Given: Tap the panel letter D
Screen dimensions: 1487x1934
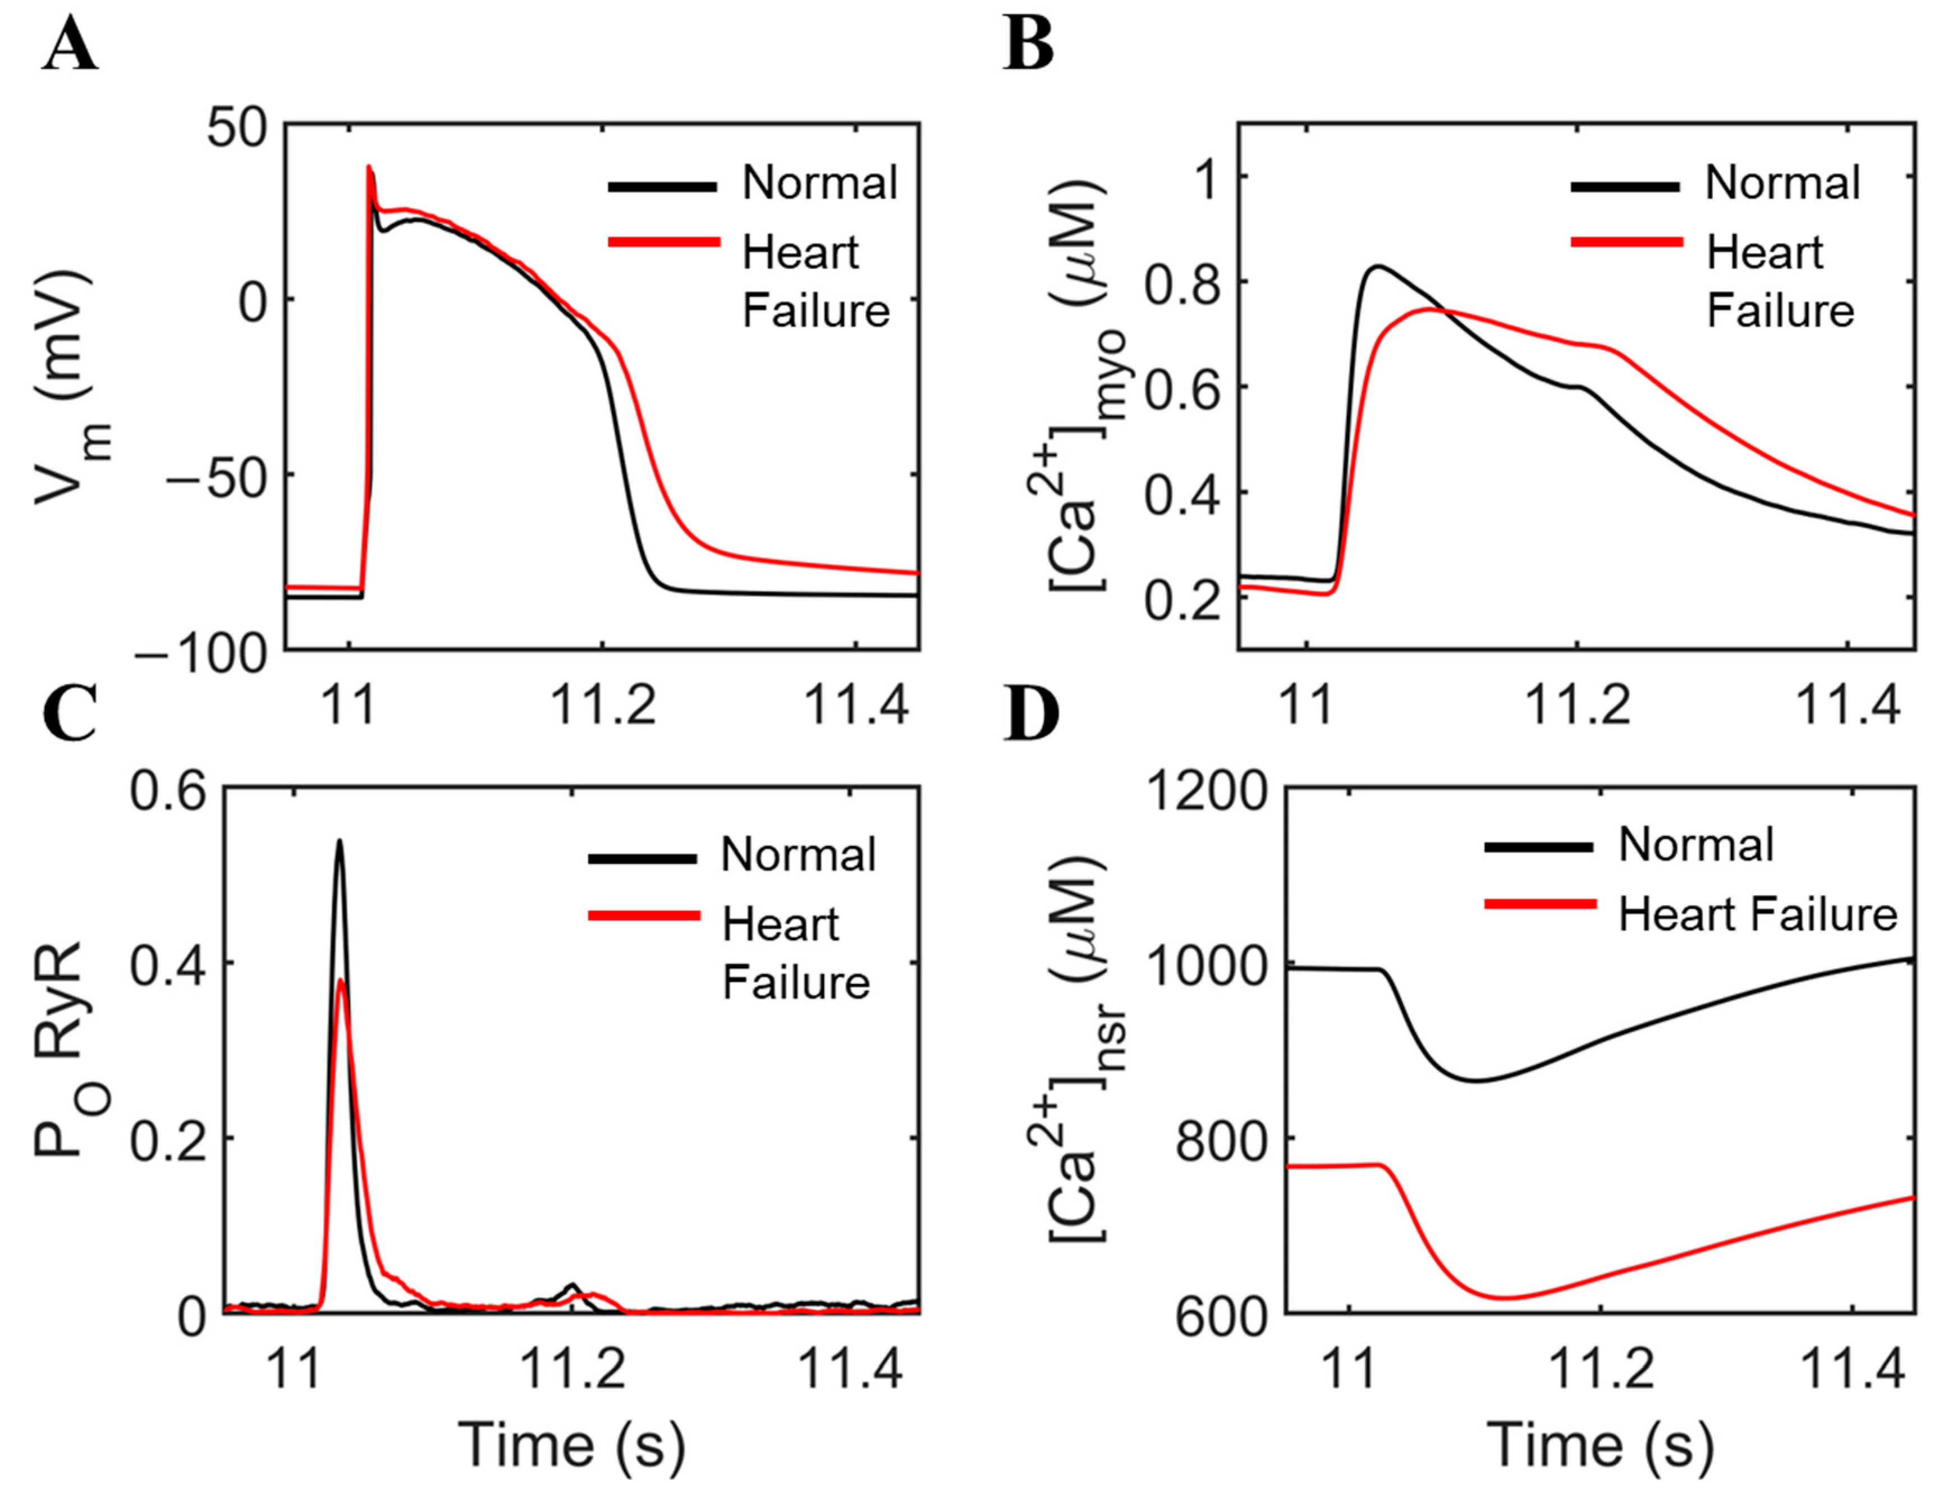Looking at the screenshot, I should coord(1032,715).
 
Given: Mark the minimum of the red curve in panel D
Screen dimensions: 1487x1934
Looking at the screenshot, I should coord(1504,1298).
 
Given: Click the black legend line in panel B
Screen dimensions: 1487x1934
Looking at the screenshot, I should coord(1626,187).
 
